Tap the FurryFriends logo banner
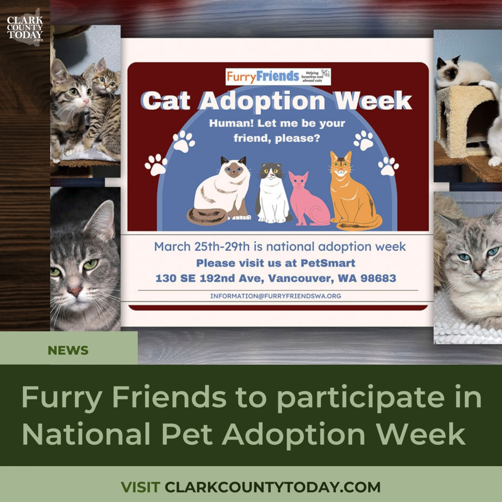(x=278, y=77)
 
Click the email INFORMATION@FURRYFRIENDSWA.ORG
(x=275, y=296)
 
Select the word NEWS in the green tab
(x=68, y=351)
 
